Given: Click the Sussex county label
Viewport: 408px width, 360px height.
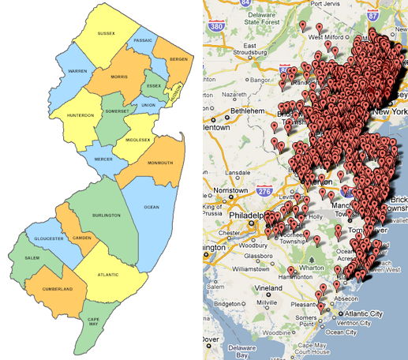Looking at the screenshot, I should point(106,33).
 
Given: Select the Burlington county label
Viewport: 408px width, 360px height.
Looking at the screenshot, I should point(106,215).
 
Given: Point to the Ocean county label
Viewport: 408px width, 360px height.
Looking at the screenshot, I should point(152,207).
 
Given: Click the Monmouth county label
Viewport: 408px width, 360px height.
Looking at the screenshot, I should point(159,163).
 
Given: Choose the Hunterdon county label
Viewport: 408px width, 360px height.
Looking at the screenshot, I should point(80,115).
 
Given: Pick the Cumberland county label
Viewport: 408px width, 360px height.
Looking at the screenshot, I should point(57,289).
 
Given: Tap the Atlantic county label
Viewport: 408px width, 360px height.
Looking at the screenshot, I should point(108,274).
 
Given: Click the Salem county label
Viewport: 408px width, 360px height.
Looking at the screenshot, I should point(32,258).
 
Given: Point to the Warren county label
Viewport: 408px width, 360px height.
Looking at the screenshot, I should point(77,71).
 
